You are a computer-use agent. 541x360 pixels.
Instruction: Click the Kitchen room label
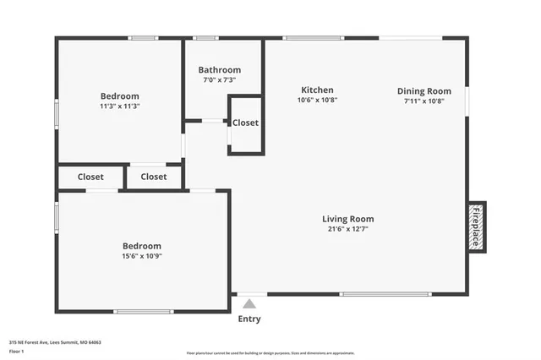(x=317, y=90)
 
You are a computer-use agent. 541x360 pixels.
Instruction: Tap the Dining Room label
(x=424, y=91)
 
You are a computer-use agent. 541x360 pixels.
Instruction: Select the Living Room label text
(x=347, y=219)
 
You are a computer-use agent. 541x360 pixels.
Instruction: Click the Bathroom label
(x=219, y=70)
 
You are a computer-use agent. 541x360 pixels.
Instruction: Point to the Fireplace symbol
(x=477, y=226)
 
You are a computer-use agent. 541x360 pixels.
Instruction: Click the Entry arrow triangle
(x=249, y=303)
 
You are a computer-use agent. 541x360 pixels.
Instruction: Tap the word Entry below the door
(x=249, y=319)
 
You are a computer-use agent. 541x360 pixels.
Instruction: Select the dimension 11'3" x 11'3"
(x=119, y=106)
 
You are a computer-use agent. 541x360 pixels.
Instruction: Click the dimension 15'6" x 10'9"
(x=142, y=256)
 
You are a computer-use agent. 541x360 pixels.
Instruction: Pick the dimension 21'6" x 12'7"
(x=347, y=229)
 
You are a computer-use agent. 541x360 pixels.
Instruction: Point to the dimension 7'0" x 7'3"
(x=219, y=80)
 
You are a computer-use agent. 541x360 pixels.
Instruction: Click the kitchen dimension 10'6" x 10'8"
(x=317, y=101)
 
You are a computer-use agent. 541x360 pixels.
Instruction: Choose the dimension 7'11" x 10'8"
(x=424, y=101)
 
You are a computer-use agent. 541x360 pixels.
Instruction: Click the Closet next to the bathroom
(x=245, y=123)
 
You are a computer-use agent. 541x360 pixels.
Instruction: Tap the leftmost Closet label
(x=90, y=177)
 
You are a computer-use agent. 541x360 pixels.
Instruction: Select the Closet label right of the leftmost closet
(x=153, y=177)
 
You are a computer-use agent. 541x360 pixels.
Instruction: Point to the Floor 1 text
(x=16, y=350)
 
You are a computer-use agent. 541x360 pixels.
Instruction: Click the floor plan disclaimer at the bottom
(x=270, y=352)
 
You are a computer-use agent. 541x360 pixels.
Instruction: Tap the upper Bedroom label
(x=119, y=95)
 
